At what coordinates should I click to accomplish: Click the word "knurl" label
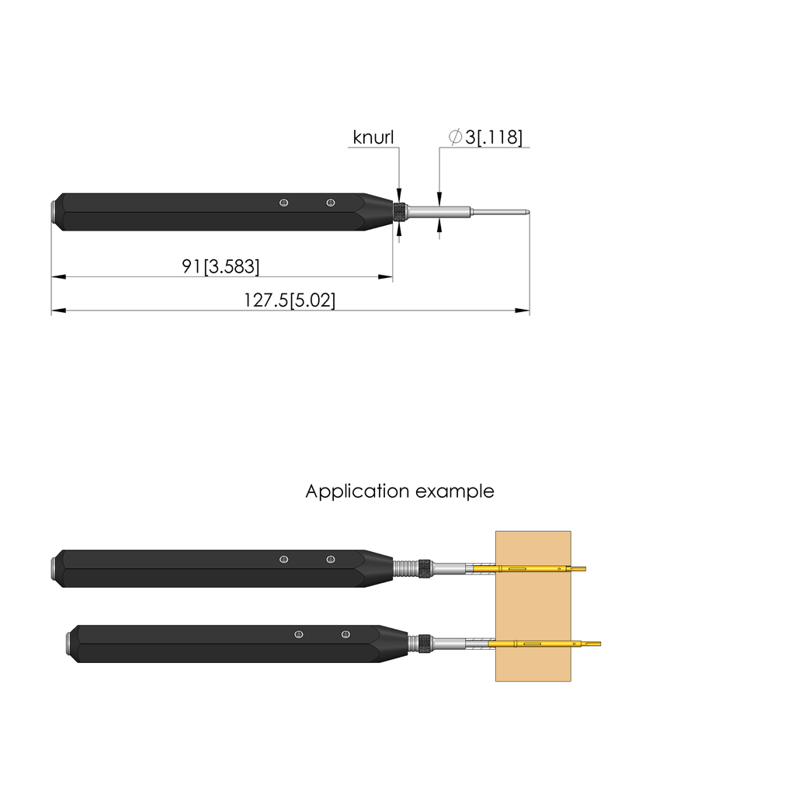373,137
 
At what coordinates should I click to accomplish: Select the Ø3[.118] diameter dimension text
485,137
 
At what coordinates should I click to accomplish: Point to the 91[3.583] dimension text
220,266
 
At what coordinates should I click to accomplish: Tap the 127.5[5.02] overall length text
290,300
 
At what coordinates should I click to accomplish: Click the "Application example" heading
399,491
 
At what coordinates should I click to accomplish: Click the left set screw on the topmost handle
284,203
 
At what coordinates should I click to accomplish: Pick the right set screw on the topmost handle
331,203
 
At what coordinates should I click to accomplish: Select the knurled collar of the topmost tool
400,212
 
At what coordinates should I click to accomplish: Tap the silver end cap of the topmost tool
54,212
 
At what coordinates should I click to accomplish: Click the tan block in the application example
533,606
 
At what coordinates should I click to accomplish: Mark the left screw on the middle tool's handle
284,560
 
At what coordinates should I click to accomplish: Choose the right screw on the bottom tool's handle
345,635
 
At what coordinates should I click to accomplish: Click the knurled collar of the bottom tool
425,644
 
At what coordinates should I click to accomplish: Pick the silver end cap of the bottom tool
69,644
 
